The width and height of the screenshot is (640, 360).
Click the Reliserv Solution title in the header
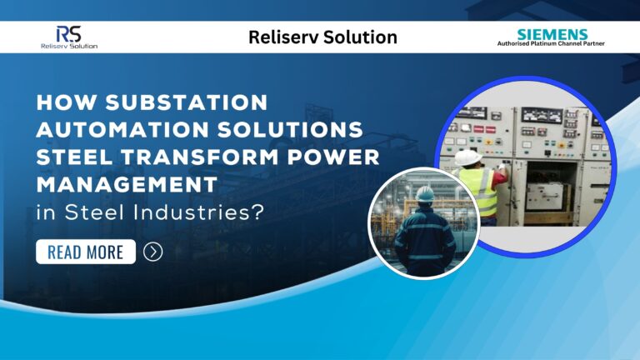[x=322, y=37]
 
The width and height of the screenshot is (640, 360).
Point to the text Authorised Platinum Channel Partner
[x=551, y=43]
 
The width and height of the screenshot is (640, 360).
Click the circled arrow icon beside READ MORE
[x=152, y=251]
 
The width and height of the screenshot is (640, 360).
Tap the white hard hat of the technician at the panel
[x=464, y=157]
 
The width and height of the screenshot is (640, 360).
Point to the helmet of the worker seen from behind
[x=425, y=193]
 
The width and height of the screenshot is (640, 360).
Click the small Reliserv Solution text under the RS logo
[x=68, y=45]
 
